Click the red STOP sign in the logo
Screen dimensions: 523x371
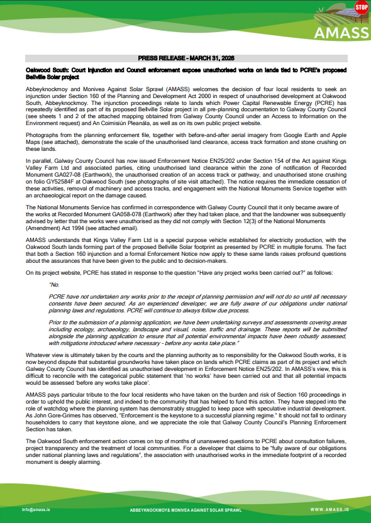361,8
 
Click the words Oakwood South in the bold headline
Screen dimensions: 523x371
42,67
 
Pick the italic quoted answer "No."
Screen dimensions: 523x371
54,284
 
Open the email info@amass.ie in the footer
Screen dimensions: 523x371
36,509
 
